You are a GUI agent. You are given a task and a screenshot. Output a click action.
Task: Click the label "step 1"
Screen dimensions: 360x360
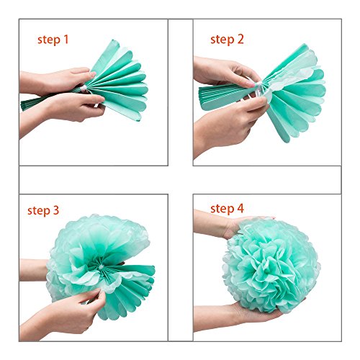[x=53, y=40]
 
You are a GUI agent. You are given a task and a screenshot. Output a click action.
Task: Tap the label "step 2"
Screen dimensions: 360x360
[x=227, y=40]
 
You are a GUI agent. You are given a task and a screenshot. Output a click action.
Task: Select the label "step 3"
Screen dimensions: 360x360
[x=43, y=211]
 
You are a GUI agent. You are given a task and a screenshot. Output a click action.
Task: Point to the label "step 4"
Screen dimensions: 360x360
[x=227, y=209]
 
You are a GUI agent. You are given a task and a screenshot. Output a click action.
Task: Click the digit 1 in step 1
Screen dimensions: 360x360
[x=66, y=39]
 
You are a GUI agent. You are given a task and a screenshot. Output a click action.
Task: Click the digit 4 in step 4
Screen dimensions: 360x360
[x=240, y=208]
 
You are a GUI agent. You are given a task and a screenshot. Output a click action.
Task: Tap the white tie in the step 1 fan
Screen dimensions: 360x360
[x=84, y=89]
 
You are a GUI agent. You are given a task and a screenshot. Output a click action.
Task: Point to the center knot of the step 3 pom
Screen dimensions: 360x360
[x=101, y=267]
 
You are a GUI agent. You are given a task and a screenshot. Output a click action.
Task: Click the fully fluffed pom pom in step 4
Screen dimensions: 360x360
[x=271, y=265]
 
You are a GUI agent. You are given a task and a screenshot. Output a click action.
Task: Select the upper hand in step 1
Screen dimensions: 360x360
[x=56, y=81]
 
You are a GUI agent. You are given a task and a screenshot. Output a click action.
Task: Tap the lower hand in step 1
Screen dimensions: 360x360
[x=63, y=108]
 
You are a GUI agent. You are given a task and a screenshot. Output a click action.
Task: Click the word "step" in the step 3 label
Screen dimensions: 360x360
[x=39, y=211]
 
